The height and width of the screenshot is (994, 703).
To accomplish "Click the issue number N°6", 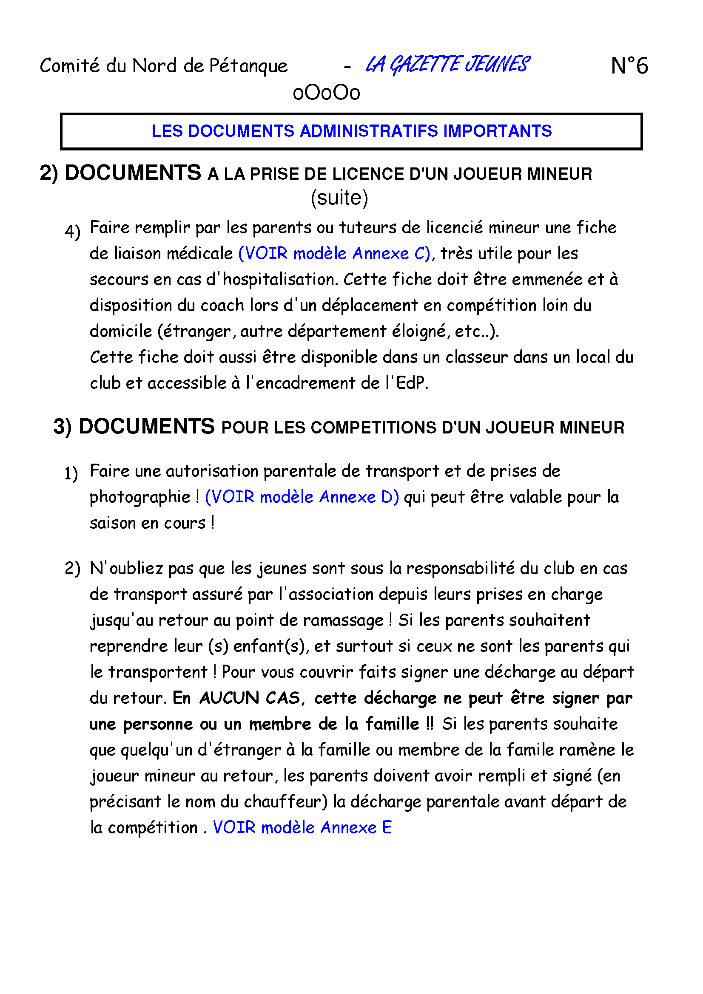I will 629,66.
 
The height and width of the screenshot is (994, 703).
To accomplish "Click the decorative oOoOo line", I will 326,93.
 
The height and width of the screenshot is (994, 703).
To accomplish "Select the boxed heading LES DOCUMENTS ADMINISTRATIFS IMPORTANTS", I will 351,131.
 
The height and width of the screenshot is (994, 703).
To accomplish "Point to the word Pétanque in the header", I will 249,66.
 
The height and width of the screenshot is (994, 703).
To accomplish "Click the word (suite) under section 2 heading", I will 339,198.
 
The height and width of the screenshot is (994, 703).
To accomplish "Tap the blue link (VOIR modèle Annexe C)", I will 334,253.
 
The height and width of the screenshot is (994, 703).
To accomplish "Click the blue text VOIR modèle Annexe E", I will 302,827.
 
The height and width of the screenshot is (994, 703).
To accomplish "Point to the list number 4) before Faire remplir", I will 72,232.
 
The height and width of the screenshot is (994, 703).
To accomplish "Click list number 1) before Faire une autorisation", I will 71,473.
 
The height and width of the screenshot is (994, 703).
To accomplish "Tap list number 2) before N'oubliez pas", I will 72,569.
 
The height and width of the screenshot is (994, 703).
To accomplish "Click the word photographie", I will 140,497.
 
